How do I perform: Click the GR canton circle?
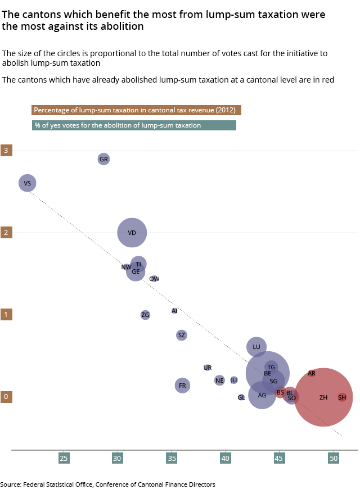click(103, 159)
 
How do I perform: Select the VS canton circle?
click(28, 183)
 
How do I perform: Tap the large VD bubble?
click(132, 233)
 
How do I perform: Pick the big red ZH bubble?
click(323, 397)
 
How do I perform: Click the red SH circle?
click(342, 397)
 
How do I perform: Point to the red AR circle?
click(312, 373)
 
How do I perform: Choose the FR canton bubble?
click(182, 386)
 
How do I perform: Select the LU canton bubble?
click(256, 347)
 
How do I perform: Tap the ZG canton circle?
click(146, 315)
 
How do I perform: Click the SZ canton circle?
click(181, 335)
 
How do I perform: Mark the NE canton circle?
click(219, 380)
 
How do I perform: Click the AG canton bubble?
click(262, 395)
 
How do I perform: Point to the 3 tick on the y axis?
click(6, 151)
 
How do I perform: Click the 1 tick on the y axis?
click(6, 315)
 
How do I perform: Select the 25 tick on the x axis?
click(64, 459)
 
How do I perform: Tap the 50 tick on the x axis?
click(334, 459)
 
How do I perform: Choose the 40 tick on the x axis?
click(226, 459)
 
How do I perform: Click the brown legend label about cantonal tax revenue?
click(136, 110)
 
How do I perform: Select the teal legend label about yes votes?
click(134, 125)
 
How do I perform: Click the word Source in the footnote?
click(11, 484)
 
